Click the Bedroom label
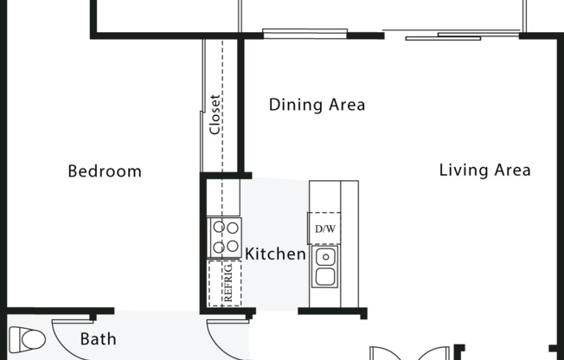point(105,171)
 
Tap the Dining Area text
point(317,105)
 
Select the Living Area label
point(484,170)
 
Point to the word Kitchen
point(276,254)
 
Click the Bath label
point(98,339)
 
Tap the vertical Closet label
point(215,114)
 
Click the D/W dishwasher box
point(324,228)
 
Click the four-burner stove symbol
point(224,237)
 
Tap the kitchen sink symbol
point(325,267)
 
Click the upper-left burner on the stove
point(217,228)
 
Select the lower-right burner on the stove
point(232,247)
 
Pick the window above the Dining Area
point(304,35)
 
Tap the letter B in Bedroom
point(73,171)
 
